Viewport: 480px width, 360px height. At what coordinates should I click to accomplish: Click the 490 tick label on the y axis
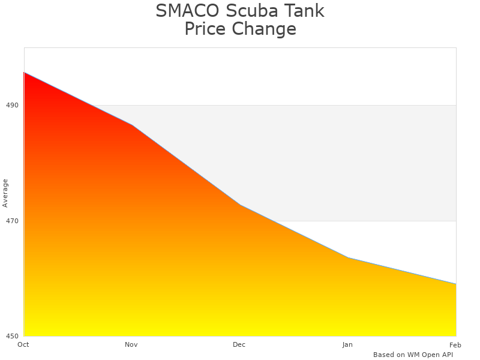coord(12,105)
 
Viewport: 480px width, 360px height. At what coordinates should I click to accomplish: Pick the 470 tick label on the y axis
coord(12,221)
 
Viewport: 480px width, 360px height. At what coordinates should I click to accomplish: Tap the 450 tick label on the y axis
coord(12,336)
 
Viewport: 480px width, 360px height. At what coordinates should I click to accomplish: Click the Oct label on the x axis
coord(23,344)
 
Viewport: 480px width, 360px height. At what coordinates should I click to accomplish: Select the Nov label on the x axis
coord(131,344)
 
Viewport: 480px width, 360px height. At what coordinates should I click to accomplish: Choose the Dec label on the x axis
coord(239,344)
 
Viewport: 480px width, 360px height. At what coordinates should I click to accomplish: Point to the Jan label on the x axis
coord(347,344)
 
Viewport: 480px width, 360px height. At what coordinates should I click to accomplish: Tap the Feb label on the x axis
coord(455,344)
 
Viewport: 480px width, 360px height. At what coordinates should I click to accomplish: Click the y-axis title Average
coord(5,193)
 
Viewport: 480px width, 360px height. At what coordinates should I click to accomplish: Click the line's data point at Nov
coord(132,125)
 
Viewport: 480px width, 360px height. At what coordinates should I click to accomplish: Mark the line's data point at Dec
coord(240,205)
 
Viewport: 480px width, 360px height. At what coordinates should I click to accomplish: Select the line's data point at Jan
coord(348,257)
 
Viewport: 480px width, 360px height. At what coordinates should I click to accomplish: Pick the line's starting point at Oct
coord(24,72)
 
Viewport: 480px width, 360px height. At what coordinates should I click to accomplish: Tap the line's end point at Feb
coord(456,284)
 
